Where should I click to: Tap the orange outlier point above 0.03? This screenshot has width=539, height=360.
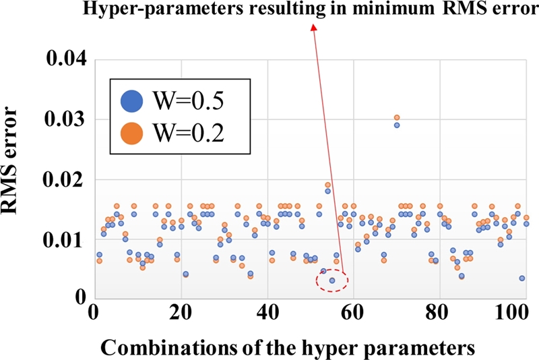point(397,118)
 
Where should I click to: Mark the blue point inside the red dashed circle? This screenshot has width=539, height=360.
point(332,280)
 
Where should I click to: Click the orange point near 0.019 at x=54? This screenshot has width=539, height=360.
point(327,185)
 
